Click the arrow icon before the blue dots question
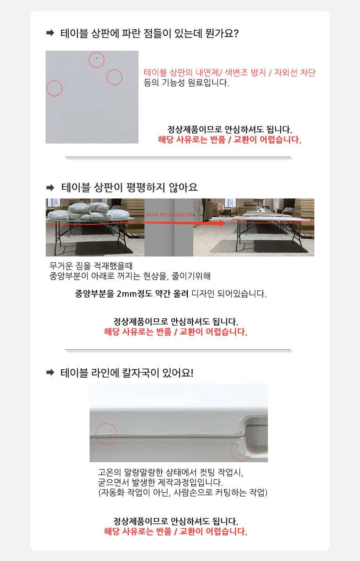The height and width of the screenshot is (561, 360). click(x=50, y=33)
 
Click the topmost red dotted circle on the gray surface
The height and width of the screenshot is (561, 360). click(x=96, y=52)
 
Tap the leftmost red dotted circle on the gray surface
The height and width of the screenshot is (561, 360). click(x=54, y=81)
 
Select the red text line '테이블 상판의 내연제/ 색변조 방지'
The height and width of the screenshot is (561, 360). click(x=205, y=72)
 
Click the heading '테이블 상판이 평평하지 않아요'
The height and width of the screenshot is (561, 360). click(x=130, y=187)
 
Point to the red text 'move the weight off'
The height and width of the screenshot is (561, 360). click(x=169, y=215)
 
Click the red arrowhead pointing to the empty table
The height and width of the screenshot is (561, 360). click(x=222, y=223)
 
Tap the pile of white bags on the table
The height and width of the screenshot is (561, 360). click(x=89, y=211)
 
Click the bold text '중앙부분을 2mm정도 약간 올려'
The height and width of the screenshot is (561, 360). click(x=132, y=293)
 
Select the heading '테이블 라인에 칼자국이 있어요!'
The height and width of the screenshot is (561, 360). click(x=127, y=373)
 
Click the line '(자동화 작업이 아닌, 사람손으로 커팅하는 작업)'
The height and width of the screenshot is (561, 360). click(x=183, y=493)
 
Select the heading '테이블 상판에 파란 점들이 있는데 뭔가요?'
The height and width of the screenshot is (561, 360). click(x=149, y=33)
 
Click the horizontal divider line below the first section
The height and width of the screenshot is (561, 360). click(x=178, y=157)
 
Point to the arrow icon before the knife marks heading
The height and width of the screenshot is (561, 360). click(x=50, y=373)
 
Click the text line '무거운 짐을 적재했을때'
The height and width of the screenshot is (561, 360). click(x=91, y=266)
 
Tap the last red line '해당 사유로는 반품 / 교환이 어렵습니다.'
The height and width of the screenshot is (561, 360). click(x=176, y=531)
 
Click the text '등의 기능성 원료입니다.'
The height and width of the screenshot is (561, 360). click(x=186, y=82)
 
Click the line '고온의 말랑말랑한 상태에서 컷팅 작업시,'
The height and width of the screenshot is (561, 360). click(x=170, y=472)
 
